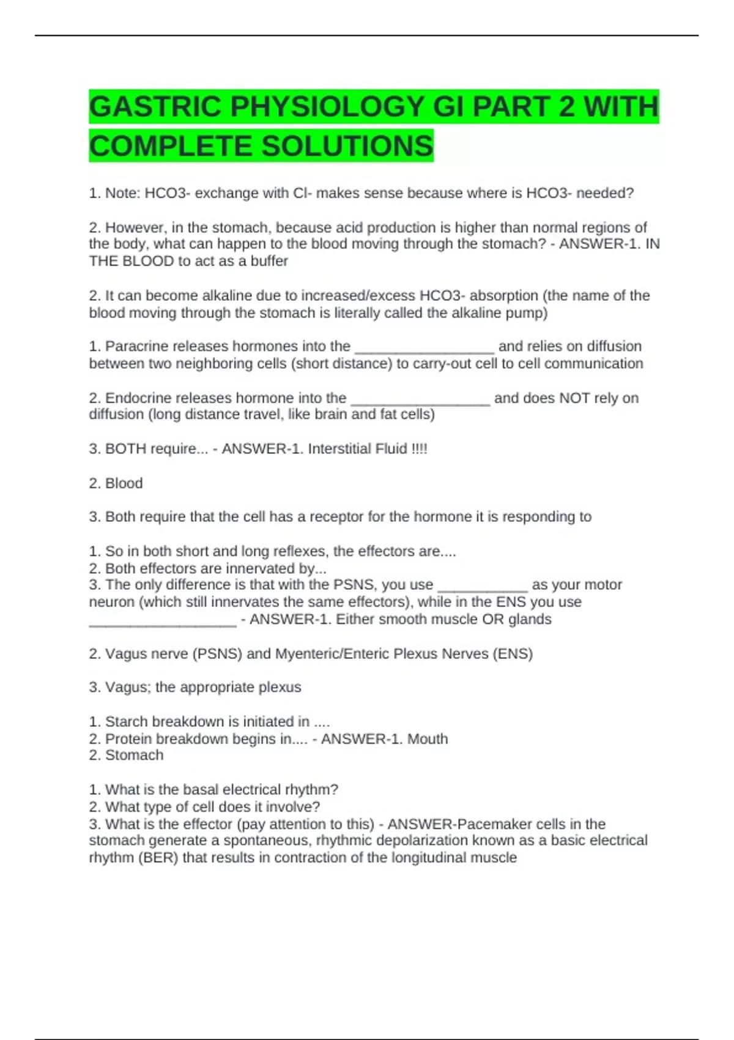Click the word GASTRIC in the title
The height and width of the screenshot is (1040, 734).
point(155,106)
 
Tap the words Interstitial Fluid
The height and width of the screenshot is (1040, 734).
point(357,449)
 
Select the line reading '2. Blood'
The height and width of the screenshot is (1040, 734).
point(116,483)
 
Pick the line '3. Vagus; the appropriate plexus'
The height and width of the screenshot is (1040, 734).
point(195,687)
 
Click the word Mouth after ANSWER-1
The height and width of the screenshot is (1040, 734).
point(428,739)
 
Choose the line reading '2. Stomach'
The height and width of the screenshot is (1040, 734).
point(127,756)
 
